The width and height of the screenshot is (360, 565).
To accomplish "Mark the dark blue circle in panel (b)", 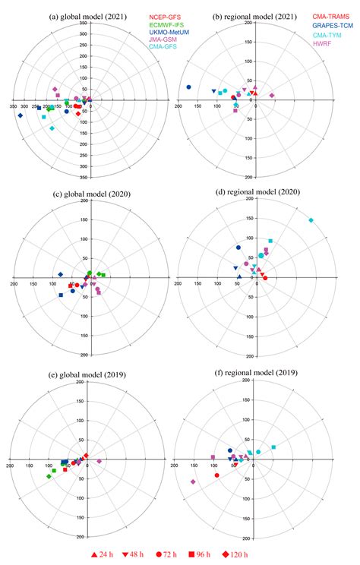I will pyautogui.click(x=188, y=87).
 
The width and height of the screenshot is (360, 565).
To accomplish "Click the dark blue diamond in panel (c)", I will pyautogui.click(x=59, y=274).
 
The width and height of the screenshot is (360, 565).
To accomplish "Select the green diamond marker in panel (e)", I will pyautogui.click(x=49, y=476).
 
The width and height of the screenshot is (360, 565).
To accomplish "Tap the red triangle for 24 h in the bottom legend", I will pyautogui.click(x=95, y=555).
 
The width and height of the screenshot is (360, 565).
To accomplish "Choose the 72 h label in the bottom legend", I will pyautogui.click(x=173, y=555).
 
